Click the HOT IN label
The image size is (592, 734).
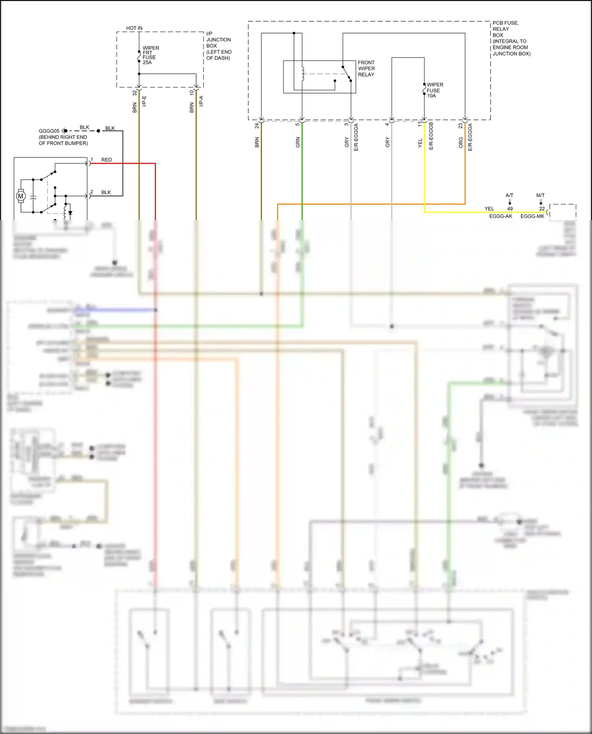134,28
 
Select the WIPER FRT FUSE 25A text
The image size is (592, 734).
150,55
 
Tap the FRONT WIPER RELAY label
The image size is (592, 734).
366,69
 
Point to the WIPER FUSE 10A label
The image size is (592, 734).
435,90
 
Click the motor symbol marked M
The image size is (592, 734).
21,196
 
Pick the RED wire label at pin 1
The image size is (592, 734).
107,160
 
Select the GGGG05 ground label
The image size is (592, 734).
49,131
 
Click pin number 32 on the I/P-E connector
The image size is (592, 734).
135,93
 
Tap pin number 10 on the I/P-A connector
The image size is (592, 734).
192,93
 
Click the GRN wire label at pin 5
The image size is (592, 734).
298,142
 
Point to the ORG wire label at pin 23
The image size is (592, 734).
461,142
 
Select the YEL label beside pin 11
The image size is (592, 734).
420,143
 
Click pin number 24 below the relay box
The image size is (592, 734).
257,125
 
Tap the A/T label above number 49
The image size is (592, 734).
510,195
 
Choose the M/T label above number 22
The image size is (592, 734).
540,195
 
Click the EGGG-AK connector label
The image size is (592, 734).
500,216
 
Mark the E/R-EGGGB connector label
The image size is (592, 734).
431,136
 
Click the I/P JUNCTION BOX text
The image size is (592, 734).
218,46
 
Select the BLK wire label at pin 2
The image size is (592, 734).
106,192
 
